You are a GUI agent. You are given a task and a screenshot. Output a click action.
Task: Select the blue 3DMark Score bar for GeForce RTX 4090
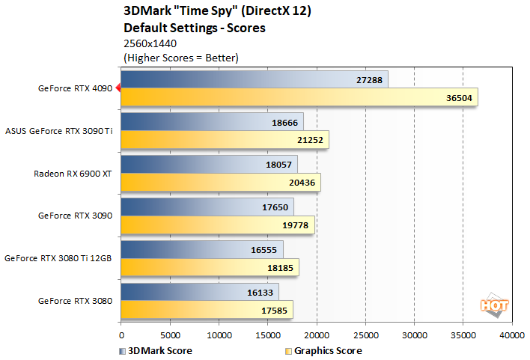tap(254, 79)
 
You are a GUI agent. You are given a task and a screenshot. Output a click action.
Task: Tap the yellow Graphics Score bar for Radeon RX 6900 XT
tap(221, 183)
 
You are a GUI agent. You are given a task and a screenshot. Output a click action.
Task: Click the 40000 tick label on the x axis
tap(512, 336)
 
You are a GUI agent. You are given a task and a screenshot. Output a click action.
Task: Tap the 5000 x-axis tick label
tap(170, 336)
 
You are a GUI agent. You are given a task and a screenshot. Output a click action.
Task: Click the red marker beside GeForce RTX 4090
tap(118, 88)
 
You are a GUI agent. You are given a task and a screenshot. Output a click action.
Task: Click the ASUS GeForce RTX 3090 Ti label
tap(58, 131)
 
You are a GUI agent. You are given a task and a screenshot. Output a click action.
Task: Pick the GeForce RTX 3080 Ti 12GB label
tap(58, 258)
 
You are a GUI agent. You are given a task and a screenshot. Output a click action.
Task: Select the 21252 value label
tap(308, 140)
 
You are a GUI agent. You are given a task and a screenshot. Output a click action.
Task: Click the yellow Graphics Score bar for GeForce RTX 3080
tap(207, 310)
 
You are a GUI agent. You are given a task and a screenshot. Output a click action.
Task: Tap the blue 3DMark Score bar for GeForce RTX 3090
tap(207, 207)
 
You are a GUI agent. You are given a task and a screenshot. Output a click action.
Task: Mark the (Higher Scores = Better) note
tap(179, 57)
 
